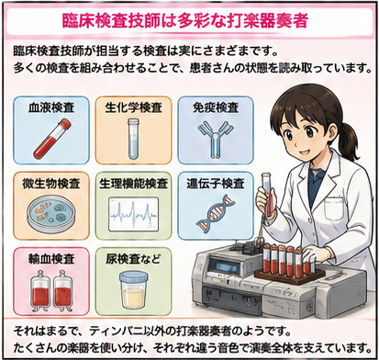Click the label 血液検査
(51, 107)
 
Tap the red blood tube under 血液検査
(52, 140)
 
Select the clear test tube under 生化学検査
(133, 139)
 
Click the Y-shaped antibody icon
(216, 140)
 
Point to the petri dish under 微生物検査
(51, 215)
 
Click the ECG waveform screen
(134, 214)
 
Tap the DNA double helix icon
(216, 212)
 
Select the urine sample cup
(133, 289)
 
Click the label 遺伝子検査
(216, 184)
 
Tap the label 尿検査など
(133, 259)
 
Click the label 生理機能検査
(134, 184)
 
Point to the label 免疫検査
(216, 107)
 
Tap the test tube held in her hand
(267, 194)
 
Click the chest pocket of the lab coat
(334, 208)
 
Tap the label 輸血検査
(51, 259)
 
